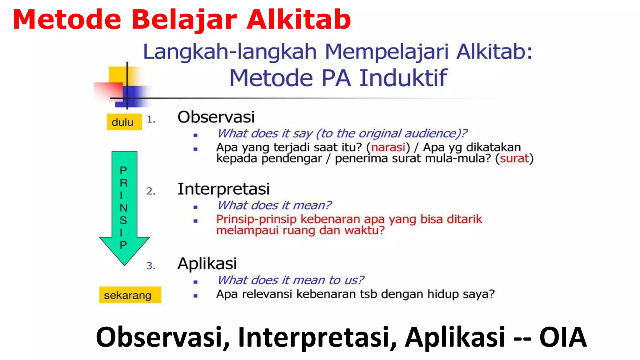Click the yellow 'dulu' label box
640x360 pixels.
(124, 122)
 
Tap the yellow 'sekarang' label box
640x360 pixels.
(130, 295)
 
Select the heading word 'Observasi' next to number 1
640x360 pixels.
(216, 117)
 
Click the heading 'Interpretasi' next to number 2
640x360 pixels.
(223, 189)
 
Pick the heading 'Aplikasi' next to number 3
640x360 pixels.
(207, 263)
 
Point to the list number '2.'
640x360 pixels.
(151, 191)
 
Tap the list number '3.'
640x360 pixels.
(151, 266)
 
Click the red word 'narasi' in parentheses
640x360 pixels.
(388, 147)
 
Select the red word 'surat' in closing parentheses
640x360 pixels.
(514, 158)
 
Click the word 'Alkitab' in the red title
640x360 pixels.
(299, 20)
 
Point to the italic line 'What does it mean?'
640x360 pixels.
(274, 205)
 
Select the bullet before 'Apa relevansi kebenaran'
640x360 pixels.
(196, 296)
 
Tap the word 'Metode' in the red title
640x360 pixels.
(67, 20)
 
